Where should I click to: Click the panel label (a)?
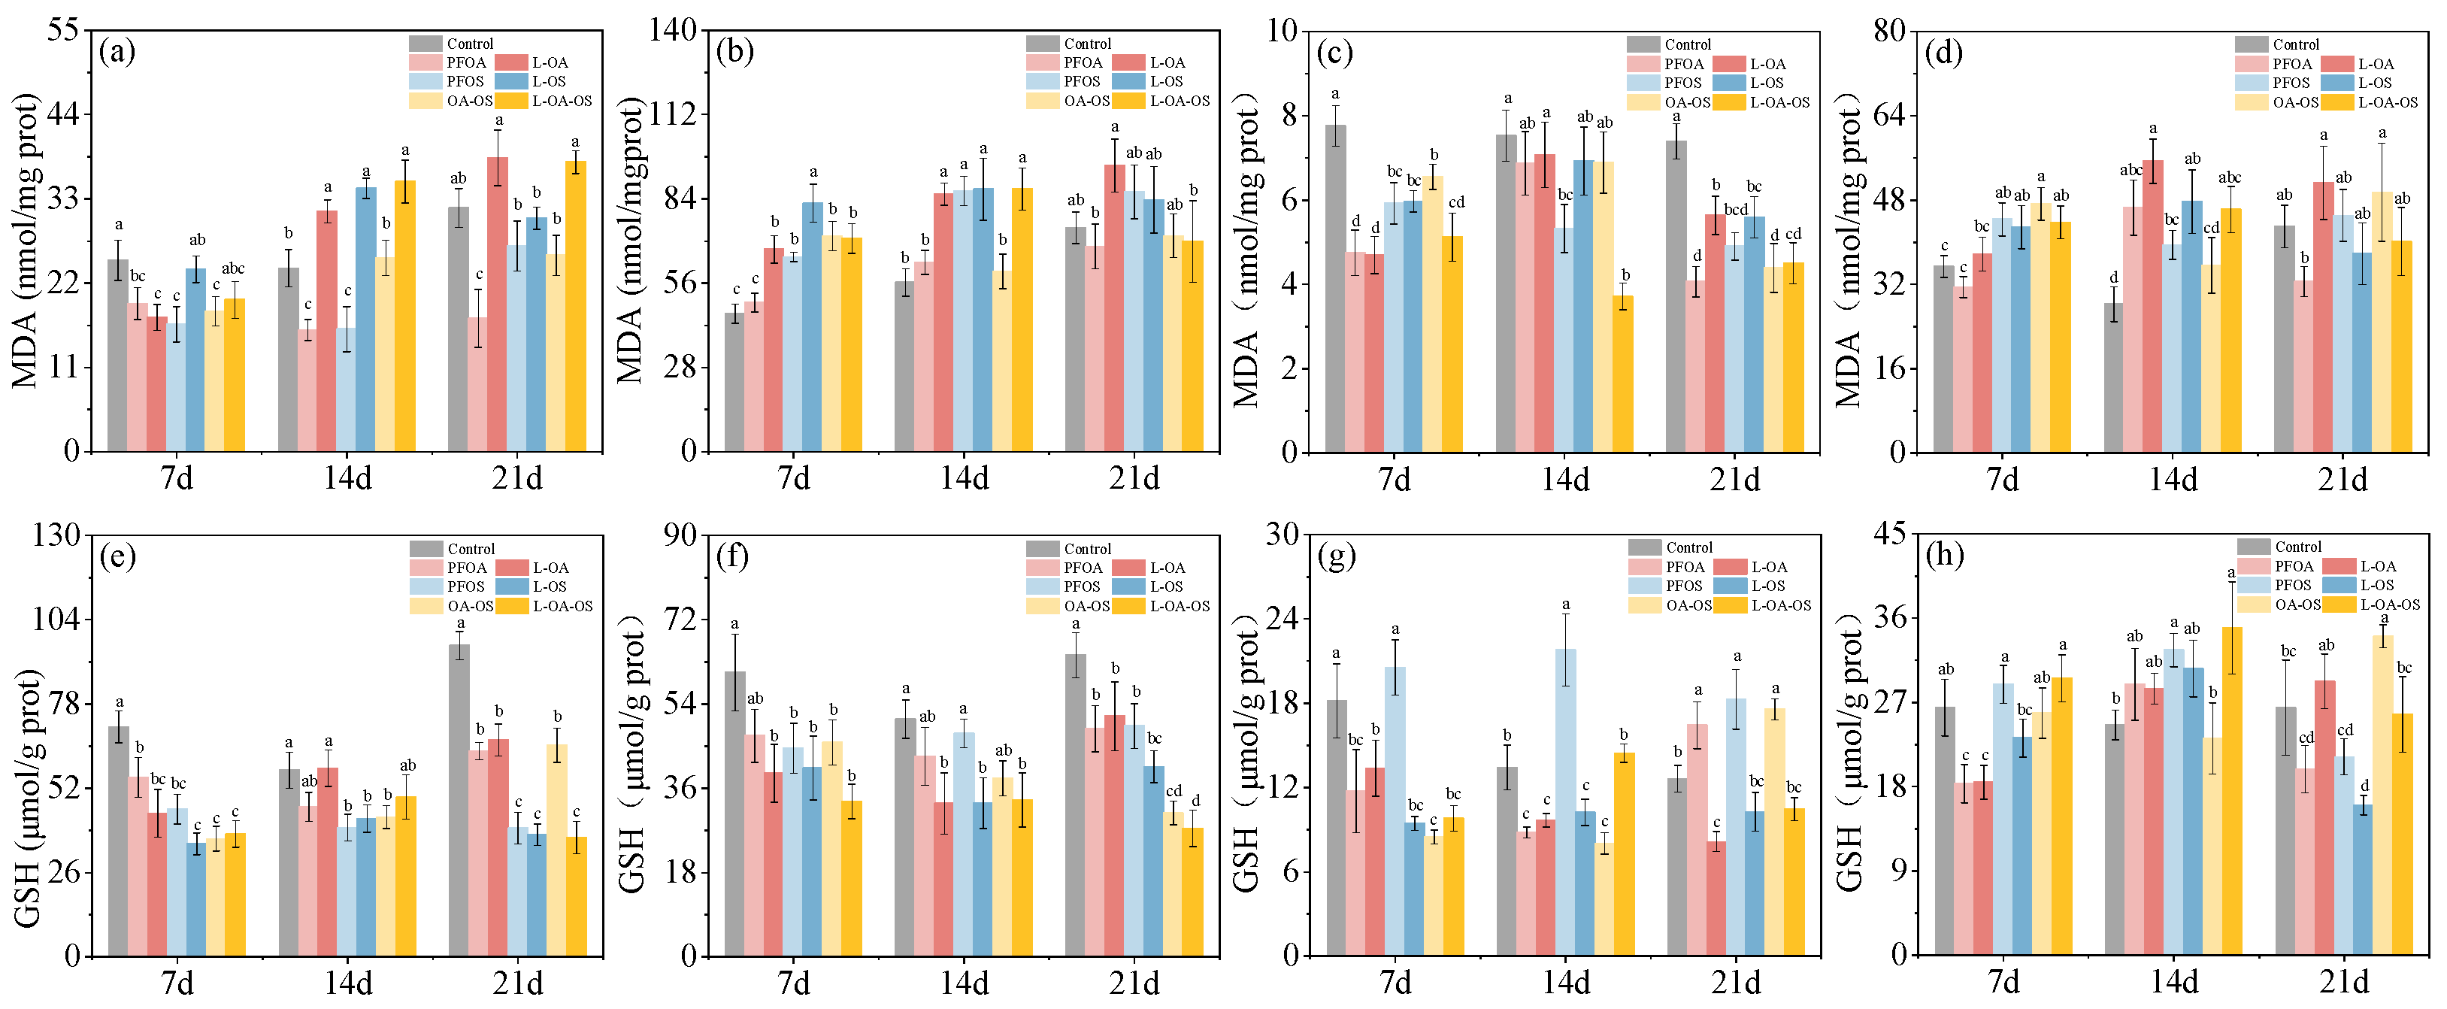click(x=117, y=50)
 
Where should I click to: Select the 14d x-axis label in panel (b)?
click(x=965, y=478)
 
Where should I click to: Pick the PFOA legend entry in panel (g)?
click(x=1684, y=567)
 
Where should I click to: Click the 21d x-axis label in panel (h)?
click(x=2343, y=981)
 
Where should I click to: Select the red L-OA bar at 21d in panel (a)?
click(x=498, y=304)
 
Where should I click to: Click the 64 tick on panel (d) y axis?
click(x=1888, y=115)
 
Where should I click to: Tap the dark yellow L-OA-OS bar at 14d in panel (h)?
click(x=2232, y=790)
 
